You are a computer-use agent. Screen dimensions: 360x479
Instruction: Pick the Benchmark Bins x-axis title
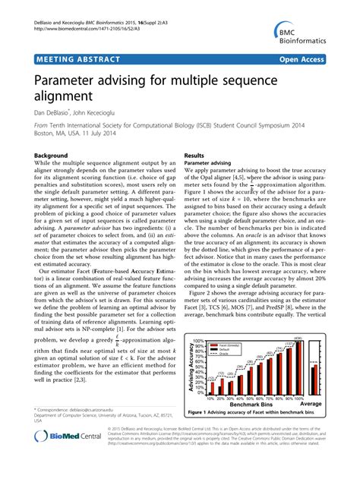click(258, 404)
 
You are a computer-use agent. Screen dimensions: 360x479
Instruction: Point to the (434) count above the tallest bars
click(298, 337)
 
